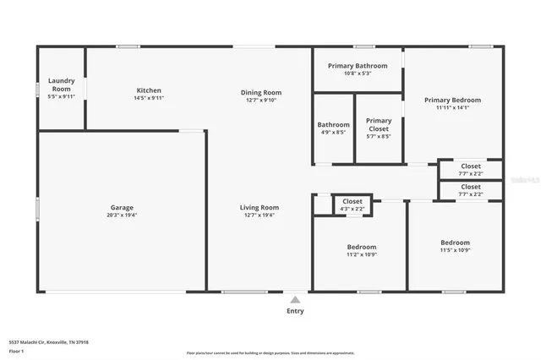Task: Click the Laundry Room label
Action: (x=61, y=85)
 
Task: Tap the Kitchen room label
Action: (x=149, y=90)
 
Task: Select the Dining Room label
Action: (x=261, y=92)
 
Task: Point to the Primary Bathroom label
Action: (x=358, y=66)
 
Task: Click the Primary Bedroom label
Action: (x=452, y=100)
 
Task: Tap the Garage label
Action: (x=122, y=207)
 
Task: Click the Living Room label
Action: (x=260, y=207)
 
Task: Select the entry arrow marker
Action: (x=295, y=298)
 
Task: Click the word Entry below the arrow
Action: (x=295, y=310)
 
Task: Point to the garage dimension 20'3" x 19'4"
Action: (x=122, y=215)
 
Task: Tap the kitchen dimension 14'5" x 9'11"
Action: (x=149, y=98)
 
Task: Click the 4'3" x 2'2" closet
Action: (x=352, y=205)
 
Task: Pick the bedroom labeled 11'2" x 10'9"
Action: (x=361, y=250)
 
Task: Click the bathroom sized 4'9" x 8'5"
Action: (x=333, y=128)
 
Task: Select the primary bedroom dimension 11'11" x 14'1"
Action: (x=452, y=107)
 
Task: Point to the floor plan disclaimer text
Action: (x=270, y=352)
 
